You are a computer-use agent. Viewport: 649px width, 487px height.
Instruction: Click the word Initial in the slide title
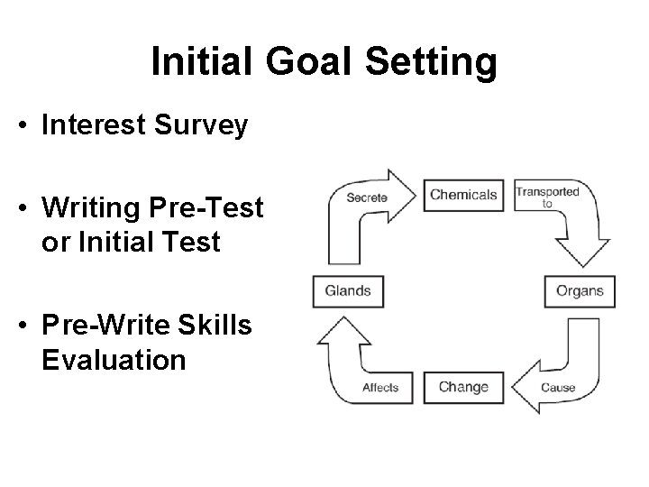pyautogui.click(x=201, y=62)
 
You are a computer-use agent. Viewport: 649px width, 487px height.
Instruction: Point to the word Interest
pyautogui.click(x=95, y=125)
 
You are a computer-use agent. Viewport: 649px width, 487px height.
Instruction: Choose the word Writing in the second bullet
pyautogui.click(x=93, y=209)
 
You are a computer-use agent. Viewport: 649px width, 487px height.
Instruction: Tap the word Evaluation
pyautogui.click(x=113, y=360)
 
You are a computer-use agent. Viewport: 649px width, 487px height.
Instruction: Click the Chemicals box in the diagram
pyautogui.click(x=463, y=195)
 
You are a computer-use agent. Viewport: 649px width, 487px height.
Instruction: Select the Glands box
pyautogui.click(x=347, y=290)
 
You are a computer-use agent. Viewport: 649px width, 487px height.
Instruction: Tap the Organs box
pyautogui.click(x=579, y=291)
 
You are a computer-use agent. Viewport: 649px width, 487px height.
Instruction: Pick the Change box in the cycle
pyautogui.click(x=463, y=387)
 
